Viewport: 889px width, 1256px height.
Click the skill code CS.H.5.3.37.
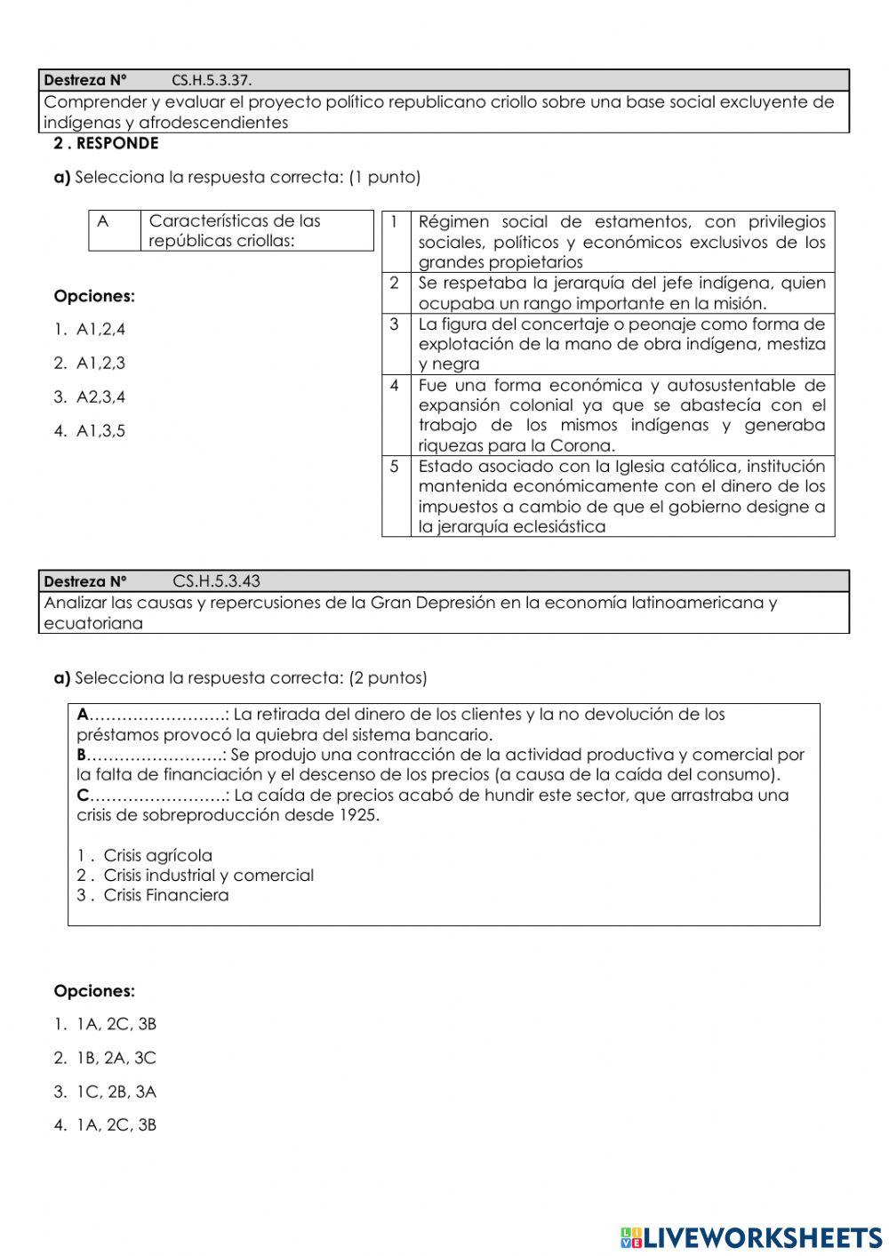212,80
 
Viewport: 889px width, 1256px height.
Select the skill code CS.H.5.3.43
216,581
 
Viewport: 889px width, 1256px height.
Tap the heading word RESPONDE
118,143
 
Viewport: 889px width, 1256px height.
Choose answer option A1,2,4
100,330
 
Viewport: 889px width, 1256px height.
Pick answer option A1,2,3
100,364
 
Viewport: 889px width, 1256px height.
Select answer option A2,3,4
100,397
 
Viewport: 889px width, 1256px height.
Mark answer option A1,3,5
100,431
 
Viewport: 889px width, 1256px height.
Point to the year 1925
358,815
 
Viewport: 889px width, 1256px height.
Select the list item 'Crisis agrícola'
157,855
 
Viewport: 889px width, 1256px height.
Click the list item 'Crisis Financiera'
165,895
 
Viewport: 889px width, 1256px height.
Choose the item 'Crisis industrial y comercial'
208,876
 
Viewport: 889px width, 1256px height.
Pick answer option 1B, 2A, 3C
116,1058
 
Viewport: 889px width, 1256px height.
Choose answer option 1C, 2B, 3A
116,1092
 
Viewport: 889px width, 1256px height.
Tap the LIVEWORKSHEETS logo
751,1237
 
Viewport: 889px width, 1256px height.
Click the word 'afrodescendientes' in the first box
213,123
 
